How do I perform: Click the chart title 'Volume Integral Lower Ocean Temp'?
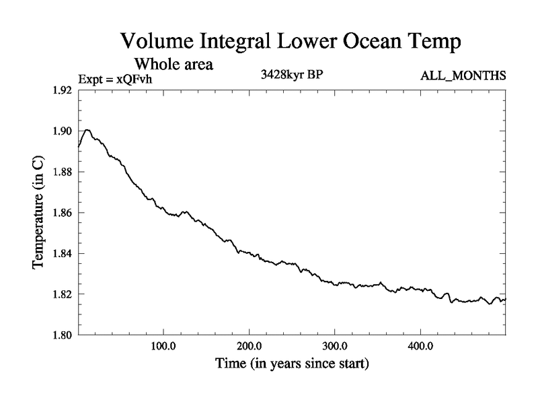(291, 42)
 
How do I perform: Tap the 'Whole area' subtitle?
(174, 65)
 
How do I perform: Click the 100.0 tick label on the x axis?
(163, 347)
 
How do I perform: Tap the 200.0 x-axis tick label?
(249, 347)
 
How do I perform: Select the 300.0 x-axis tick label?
(334, 347)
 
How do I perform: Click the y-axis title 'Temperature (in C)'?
(38, 213)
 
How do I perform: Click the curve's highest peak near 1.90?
(87, 129)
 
